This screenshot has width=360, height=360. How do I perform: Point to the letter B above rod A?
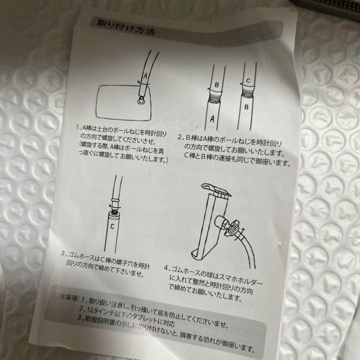coord(216,85)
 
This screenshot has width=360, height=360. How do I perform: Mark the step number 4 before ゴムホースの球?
coord(166,267)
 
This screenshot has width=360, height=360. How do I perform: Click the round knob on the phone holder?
coord(222,222)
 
